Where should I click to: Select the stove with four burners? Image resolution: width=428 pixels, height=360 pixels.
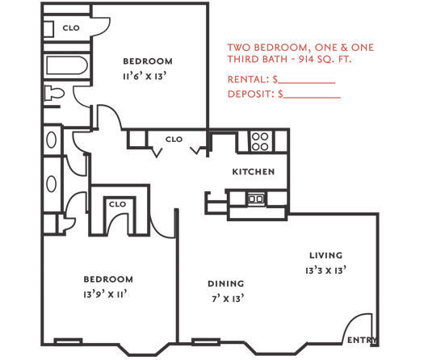coord(260,141)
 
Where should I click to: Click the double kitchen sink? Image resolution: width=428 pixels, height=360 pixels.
coord(256,198)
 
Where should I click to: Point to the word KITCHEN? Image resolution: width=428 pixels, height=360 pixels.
coord(254,172)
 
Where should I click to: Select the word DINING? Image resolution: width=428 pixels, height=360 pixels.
coord(225,283)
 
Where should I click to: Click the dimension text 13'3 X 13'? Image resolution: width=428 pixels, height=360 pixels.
coord(326,270)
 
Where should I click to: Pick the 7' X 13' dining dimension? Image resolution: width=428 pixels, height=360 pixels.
coord(226,298)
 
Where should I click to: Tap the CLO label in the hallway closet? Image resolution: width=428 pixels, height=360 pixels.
coord(174,139)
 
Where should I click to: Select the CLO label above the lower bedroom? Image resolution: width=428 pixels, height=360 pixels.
coord(117,204)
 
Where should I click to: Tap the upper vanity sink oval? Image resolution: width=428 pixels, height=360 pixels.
coord(52,139)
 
